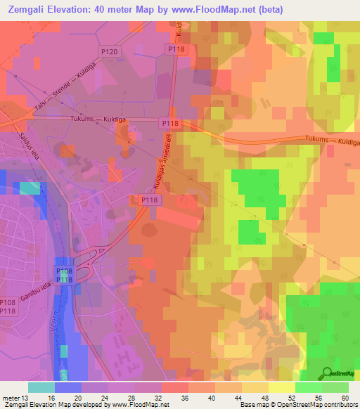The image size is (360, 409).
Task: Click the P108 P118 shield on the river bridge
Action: (64, 275)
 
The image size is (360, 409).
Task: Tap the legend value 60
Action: (345, 397)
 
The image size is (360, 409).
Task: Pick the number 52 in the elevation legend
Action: (292, 397)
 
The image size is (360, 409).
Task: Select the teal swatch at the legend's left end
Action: (41, 387)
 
